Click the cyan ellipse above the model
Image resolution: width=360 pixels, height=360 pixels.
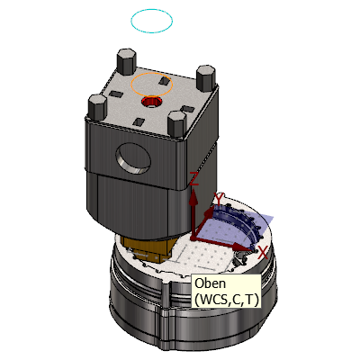click(x=130, y=21)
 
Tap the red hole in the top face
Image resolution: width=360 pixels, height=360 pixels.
click(x=151, y=102)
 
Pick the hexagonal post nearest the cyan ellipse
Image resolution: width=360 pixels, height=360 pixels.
click(x=126, y=61)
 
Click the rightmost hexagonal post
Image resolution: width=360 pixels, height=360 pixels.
click(x=206, y=78)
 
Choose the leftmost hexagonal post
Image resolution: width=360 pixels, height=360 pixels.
click(x=98, y=107)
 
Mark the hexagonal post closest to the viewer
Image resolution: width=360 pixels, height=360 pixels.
click(x=177, y=123)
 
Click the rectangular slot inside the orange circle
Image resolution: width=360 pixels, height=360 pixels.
click(x=164, y=80)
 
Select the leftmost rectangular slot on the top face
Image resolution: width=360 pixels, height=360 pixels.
click(x=115, y=94)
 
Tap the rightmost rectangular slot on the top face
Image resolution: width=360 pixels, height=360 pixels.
click(x=187, y=109)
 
